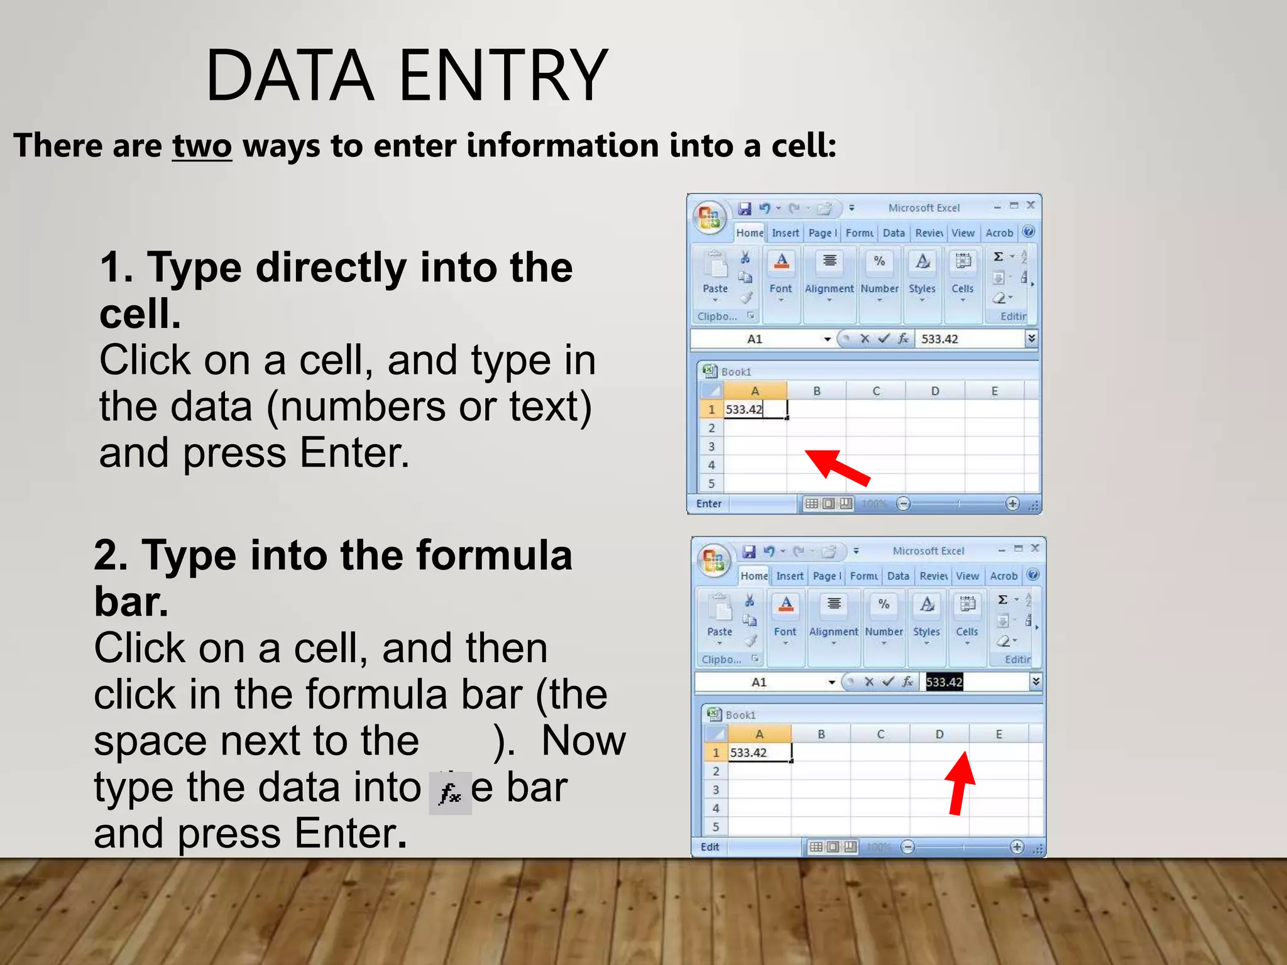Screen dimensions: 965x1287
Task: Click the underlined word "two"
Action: click(x=202, y=146)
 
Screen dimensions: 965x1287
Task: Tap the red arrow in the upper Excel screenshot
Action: click(x=837, y=466)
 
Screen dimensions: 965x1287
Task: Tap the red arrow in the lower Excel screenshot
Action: click(x=960, y=782)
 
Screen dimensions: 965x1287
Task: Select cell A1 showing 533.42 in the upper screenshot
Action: click(x=754, y=410)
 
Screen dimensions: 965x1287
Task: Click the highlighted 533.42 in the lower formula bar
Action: click(x=944, y=682)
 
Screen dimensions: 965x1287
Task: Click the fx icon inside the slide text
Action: click(x=450, y=793)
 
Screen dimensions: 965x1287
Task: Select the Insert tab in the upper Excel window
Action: click(x=785, y=233)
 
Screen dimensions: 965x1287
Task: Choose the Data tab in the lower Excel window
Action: click(x=898, y=576)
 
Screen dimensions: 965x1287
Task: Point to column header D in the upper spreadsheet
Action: click(x=935, y=391)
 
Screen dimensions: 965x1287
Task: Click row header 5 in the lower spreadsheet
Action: click(x=716, y=827)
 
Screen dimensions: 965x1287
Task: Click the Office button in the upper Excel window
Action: click(x=709, y=217)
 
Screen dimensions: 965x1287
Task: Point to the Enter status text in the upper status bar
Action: click(x=709, y=504)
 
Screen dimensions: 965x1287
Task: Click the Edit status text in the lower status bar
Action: click(x=710, y=847)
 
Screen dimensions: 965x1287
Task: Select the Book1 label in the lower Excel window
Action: click(x=740, y=715)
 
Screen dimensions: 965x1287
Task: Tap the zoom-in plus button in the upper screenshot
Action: click(x=1012, y=504)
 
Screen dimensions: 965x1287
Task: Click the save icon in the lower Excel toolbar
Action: click(x=749, y=552)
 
